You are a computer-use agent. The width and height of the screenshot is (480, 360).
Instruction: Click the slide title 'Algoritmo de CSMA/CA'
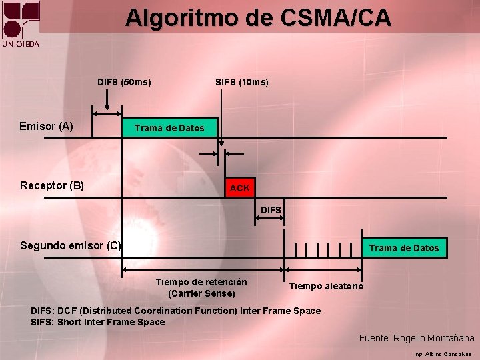pos(258,17)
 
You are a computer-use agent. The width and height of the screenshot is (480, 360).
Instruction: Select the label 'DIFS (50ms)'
pos(124,83)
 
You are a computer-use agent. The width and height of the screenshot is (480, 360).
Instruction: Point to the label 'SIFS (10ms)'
pos(242,83)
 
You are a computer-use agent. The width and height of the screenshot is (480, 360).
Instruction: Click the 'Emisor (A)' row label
pos(47,126)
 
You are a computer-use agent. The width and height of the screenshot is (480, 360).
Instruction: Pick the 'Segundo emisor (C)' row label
pos(71,245)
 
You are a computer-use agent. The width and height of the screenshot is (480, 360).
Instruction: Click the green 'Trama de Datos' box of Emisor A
pos(169,127)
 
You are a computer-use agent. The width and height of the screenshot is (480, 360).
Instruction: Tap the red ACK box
pos(239,188)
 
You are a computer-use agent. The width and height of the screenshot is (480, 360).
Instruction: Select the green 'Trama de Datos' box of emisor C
pos(404,248)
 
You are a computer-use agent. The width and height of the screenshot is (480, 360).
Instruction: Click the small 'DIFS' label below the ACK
pos(271,210)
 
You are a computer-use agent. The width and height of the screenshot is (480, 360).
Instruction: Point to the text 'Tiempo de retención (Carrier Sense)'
pos(201,287)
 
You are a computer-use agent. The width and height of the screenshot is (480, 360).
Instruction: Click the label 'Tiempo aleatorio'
pos(327,286)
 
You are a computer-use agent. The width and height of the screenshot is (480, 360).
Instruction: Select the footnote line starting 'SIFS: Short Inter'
pos(98,322)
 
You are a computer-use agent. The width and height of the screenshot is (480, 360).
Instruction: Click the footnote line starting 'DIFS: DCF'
pos(176,311)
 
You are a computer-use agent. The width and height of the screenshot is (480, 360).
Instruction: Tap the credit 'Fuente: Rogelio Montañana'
pos(417,339)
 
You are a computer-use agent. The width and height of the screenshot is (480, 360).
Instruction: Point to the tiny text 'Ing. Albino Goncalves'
pos(442,354)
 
